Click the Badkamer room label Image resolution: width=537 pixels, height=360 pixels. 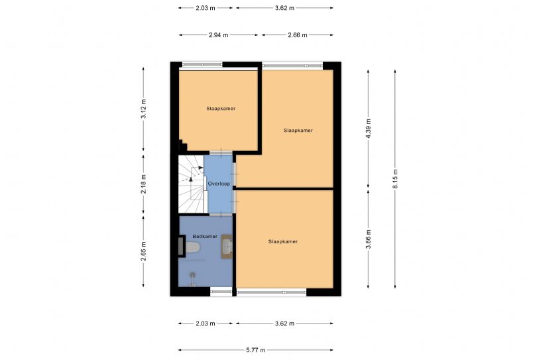205,236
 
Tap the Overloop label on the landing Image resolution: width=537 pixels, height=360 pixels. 218,183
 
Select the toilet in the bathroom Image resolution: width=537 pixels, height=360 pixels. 191,248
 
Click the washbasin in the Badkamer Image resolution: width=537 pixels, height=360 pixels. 227,247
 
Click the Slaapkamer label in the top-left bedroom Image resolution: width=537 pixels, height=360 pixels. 221,108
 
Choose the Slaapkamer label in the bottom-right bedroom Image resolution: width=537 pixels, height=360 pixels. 283,241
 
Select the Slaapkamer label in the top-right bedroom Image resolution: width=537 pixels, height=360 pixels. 298,131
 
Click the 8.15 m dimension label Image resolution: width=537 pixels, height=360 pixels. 395,178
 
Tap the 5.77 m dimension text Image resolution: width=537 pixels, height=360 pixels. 255,350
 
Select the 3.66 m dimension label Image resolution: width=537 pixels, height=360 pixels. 369,237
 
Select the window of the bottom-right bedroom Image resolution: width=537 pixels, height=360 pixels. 272,291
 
